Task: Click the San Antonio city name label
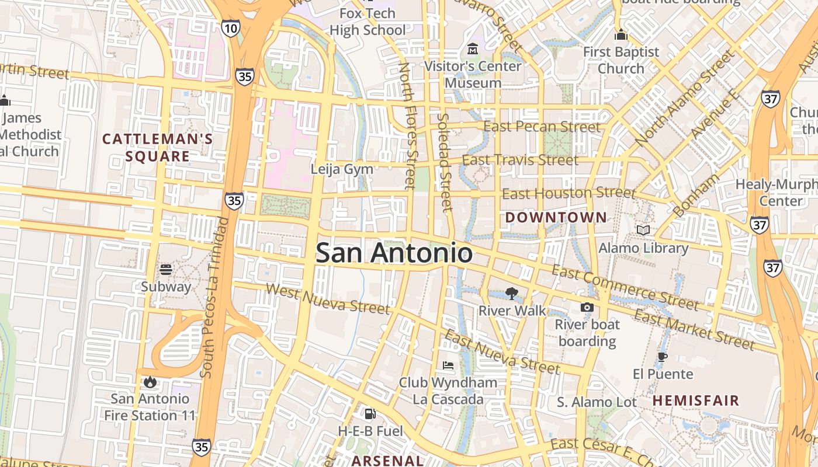tap(394, 253)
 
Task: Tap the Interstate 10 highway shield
tap(230, 27)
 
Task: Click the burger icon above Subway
tap(166, 270)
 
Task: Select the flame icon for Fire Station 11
tap(150, 382)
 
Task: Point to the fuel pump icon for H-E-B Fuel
tap(370, 414)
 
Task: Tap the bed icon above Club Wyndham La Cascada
tap(448, 365)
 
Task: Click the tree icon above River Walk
tap(512, 293)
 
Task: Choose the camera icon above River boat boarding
tap(587, 307)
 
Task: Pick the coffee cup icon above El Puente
tap(662, 356)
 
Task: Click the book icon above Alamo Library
tap(643, 231)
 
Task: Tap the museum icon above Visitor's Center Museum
tap(472, 48)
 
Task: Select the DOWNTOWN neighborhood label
tap(556, 218)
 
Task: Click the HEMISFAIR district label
tap(696, 400)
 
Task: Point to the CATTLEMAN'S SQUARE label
tap(158, 148)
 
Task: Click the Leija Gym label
tap(342, 169)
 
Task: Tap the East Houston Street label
tap(569, 193)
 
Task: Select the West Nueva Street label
tap(327, 298)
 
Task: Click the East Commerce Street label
tap(625, 287)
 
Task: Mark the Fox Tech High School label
tap(368, 22)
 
